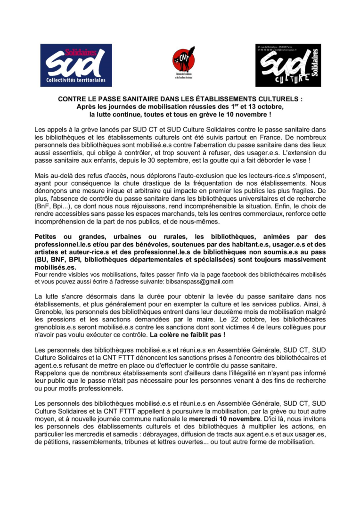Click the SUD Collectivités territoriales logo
[76, 65]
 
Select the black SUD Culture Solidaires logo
[288, 65]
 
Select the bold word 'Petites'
[47, 236]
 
